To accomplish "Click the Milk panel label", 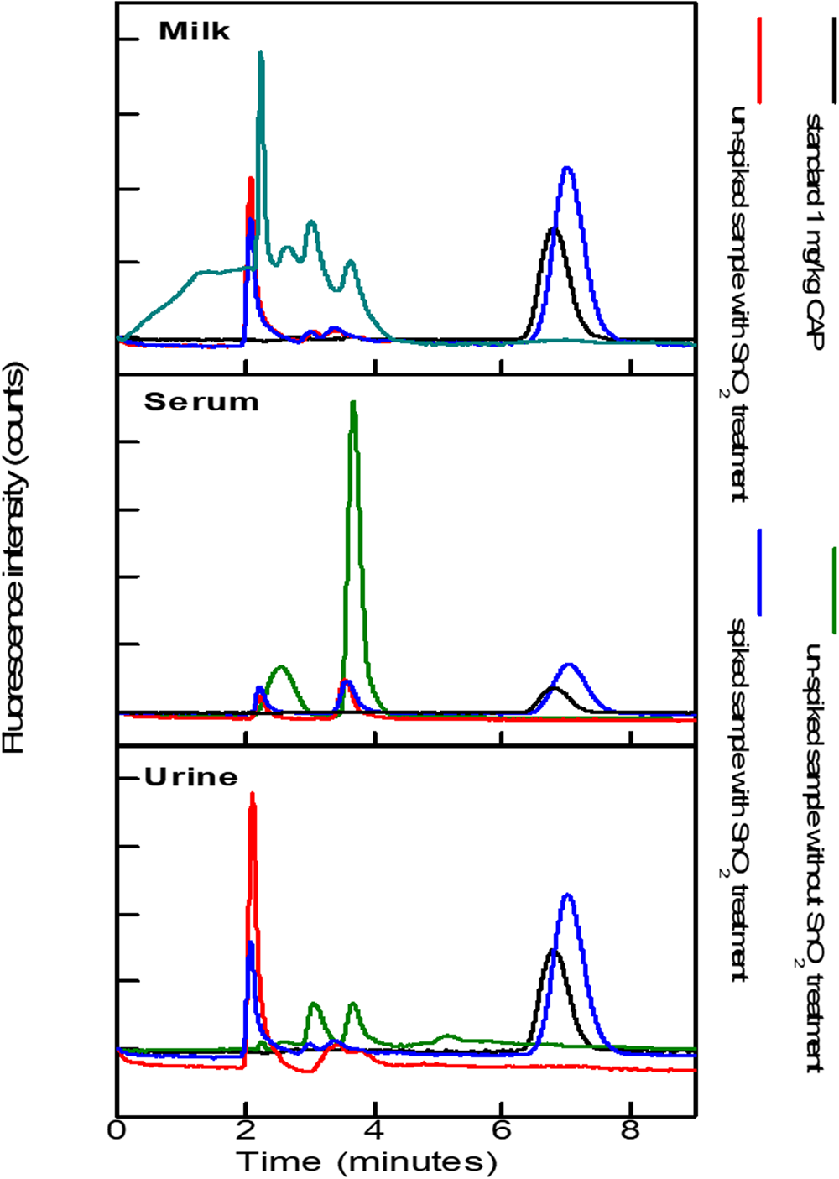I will tap(194, 32).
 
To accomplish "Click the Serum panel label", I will tap(201, 402).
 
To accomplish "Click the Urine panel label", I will tap(191, 777).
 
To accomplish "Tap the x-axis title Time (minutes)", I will tap(367, 1162).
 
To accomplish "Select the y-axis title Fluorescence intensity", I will tap(15, 557).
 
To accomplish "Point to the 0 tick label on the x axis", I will tap(117, 1130).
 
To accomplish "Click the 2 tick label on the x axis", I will tap(245, 1130).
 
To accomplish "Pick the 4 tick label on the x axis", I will tap(374, 1130).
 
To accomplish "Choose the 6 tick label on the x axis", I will tap(502, 1130).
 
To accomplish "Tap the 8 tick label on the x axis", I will tap(631, 1130).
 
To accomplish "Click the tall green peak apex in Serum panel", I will tap(353, 404).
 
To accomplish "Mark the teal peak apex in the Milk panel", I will tap(261, 53).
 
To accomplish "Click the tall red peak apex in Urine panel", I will tap(252, 795).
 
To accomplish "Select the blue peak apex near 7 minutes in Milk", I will tap(567, 169).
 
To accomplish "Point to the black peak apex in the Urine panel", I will tap(552, 951).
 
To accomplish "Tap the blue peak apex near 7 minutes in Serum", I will tap(570, 665).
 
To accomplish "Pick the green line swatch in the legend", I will tap(834, 590).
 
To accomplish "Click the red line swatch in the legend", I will tap(760, 60).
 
